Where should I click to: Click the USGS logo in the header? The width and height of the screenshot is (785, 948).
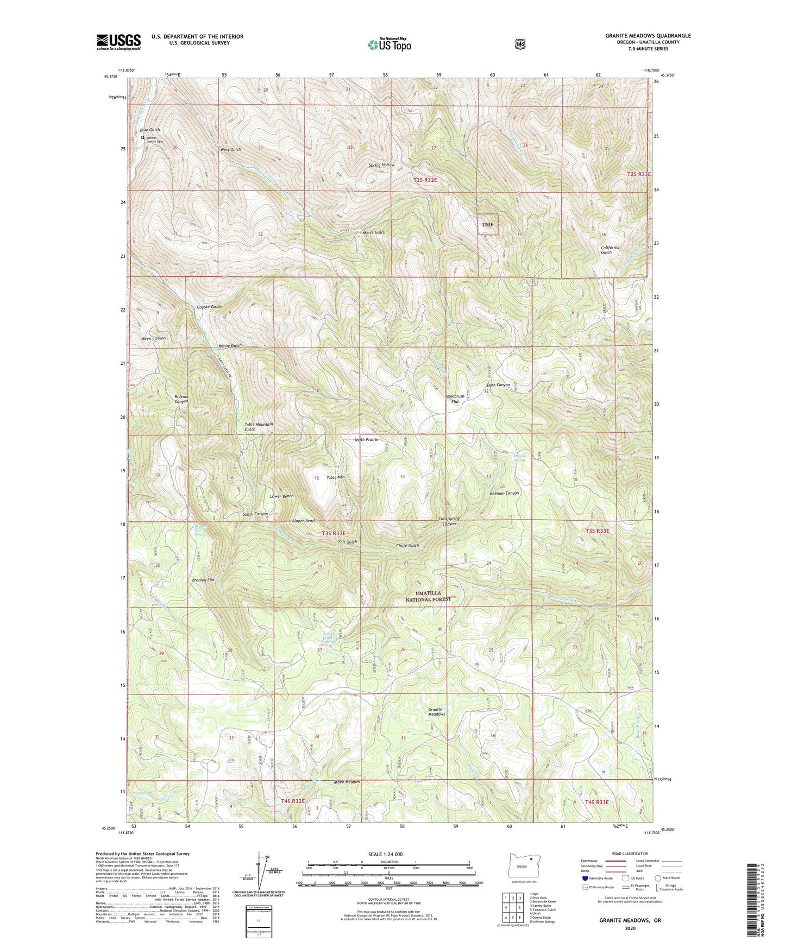point(118,41)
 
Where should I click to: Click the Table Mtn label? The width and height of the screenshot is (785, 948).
point(335,477)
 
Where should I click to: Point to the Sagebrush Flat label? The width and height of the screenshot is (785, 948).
point(455,399)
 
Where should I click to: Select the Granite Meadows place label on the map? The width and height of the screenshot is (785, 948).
point(436,712)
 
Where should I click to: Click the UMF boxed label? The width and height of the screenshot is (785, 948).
point(488,224)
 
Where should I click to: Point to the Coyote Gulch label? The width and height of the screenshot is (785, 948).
point(209,307)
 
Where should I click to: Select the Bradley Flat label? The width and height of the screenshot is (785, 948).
point(203,580)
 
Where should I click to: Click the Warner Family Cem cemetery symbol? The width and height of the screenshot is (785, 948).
point(143,138)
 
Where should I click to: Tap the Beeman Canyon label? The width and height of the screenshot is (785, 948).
point(504,494)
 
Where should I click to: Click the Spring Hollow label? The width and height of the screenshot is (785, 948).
point(382,165)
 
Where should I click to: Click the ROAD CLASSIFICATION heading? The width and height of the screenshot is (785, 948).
point(630,854)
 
